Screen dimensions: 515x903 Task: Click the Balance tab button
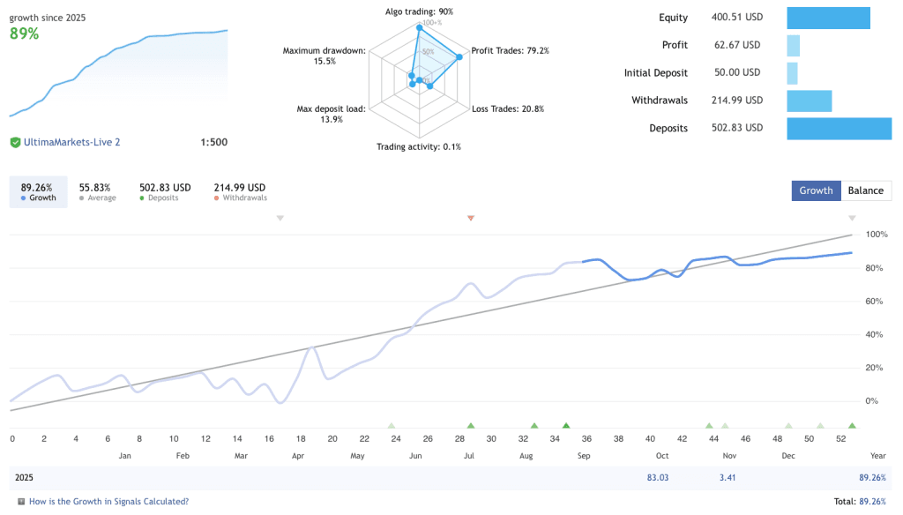pos(866,190)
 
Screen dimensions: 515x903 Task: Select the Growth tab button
pos(816,190)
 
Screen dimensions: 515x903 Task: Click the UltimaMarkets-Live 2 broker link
pos(71,142)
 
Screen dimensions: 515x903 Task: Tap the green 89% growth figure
pos(24,34)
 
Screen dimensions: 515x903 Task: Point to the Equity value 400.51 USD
pos(736,18)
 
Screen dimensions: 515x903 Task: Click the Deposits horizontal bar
pos(839,128)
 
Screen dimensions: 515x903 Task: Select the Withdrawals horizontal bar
pos(809,101)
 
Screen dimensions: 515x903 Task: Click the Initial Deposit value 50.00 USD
pos(736,73)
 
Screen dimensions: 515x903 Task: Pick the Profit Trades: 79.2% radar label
pos(511,51)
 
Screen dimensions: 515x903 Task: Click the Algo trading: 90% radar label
pos(419,11)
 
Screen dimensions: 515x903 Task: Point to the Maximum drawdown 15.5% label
pos(323,56)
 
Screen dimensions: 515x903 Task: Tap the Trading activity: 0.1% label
pos(419,146)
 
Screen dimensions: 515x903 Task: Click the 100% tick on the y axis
pos(876,235)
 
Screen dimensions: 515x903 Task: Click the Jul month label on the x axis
pos(469,456)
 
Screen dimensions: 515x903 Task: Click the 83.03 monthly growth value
pos(658,478)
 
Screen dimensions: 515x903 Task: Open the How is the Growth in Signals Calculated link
pos(108,502)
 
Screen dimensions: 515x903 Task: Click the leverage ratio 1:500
pos(213,142)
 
